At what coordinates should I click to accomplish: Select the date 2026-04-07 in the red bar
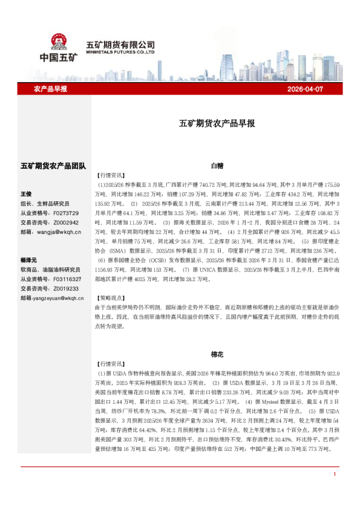coord(308,89)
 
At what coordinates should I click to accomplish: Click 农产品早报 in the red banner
coord(50,89)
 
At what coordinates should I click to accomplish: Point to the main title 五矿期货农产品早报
coord(217,123)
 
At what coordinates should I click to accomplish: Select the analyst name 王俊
coord(26,194)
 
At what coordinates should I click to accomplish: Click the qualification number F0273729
coord(66,213)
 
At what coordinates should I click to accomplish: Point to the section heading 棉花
coord(217,355)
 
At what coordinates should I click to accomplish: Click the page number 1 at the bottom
coord(335,474)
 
